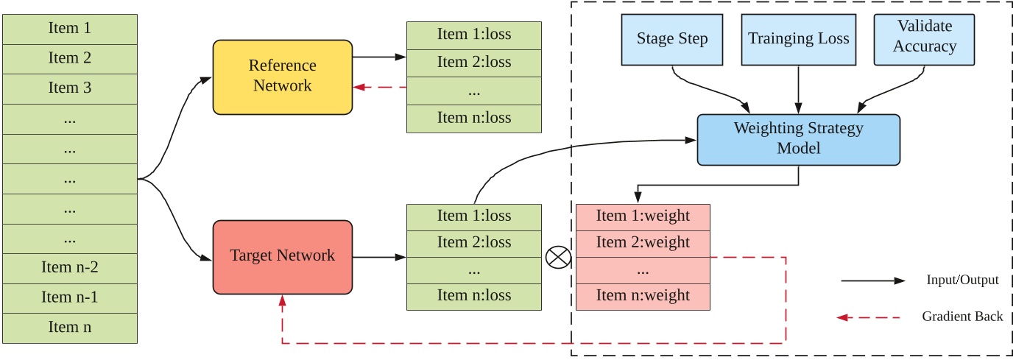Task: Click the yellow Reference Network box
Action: tap(282, 77)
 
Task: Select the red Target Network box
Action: tap(282, 256)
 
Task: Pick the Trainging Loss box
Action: tap(798, 39)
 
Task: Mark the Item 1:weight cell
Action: tap(643, 216)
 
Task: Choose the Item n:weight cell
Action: tap(643, 296)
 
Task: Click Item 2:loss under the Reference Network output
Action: tap(474, 62)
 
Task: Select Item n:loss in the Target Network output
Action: tap(474, 296)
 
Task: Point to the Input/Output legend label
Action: tap(962, 280)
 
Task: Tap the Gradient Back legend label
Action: tap(962, 317)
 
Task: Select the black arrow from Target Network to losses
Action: tap(379, 257)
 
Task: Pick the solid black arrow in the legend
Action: tap(872, 280)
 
